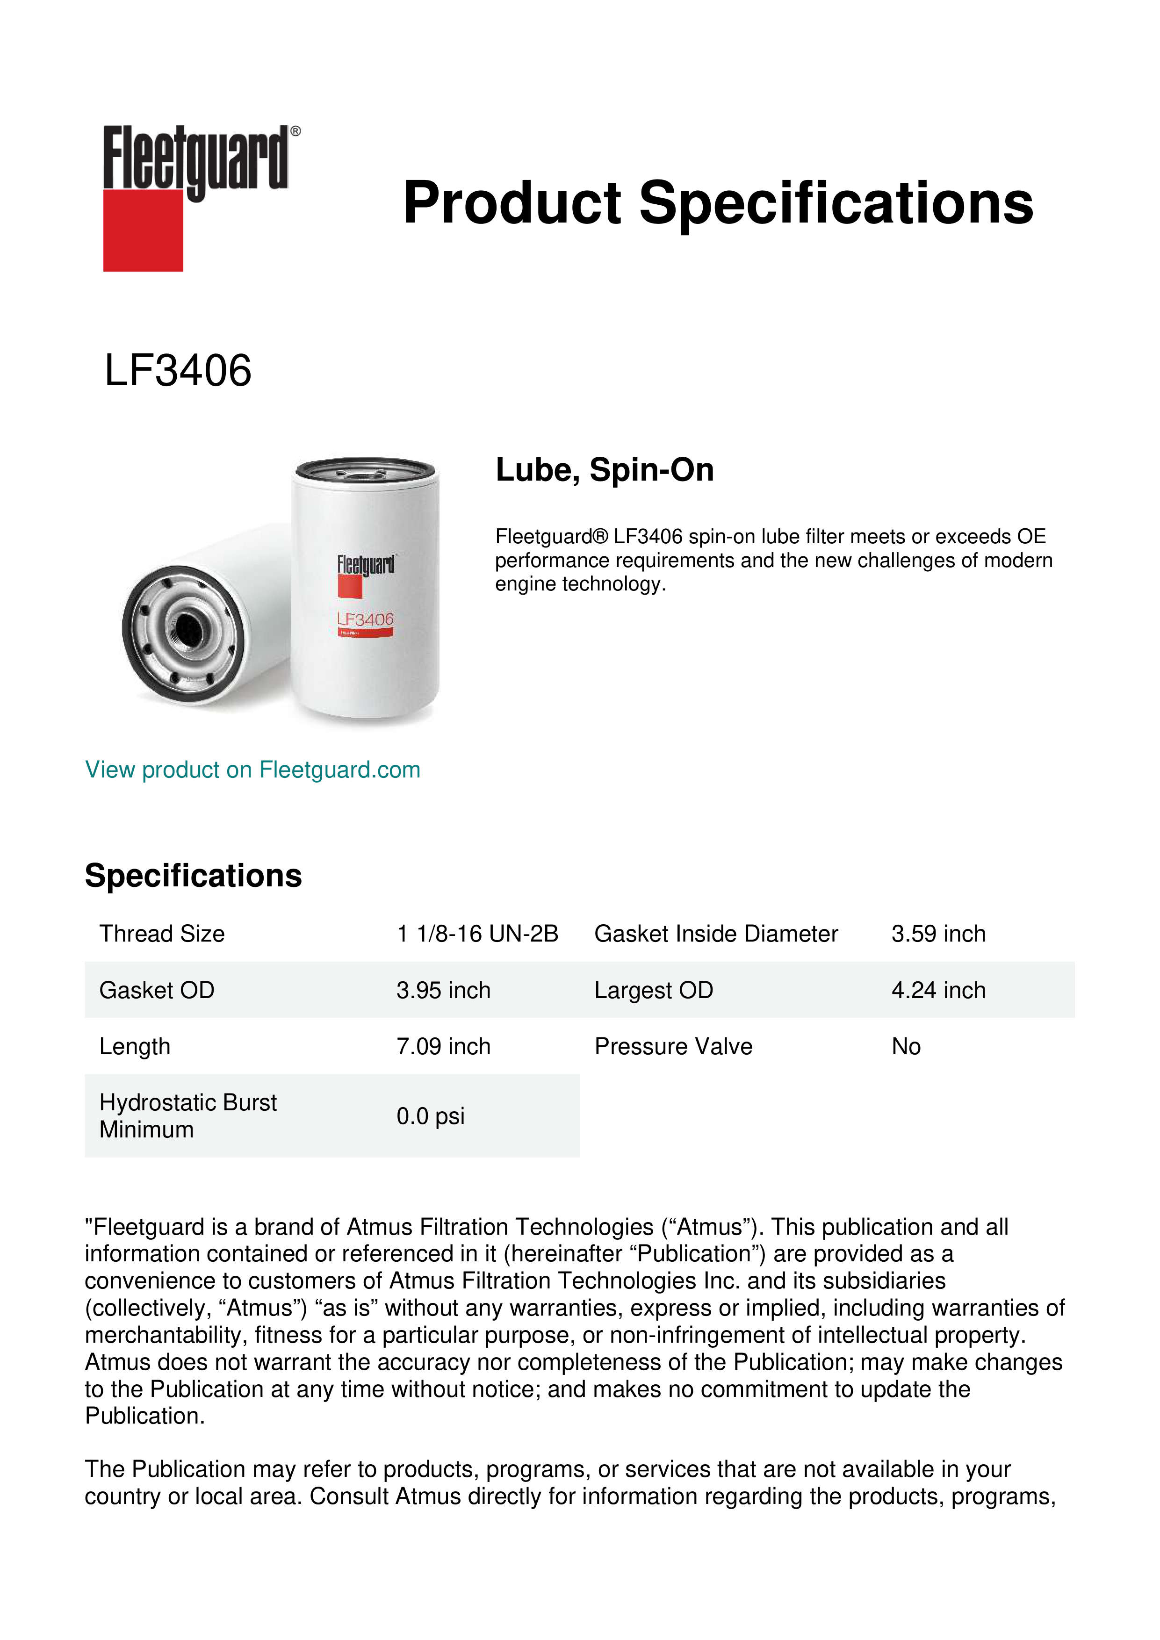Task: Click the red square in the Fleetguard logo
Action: click(143, 230)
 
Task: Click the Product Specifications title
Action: click(717, 203)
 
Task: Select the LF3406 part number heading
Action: click(178, 371)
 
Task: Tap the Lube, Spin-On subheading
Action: click(604, 470)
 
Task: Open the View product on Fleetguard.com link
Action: click(252, 770)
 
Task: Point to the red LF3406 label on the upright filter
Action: click(365, 619)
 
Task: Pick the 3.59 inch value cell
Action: click(938, 934)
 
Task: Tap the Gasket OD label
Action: click(157, 990)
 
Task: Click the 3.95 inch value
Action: click(443, 990)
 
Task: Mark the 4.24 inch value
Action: click(938, 990)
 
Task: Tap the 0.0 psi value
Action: click(430, 1116)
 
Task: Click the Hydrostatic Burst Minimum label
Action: click(187, 1116)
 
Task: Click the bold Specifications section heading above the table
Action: click(193, 876)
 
